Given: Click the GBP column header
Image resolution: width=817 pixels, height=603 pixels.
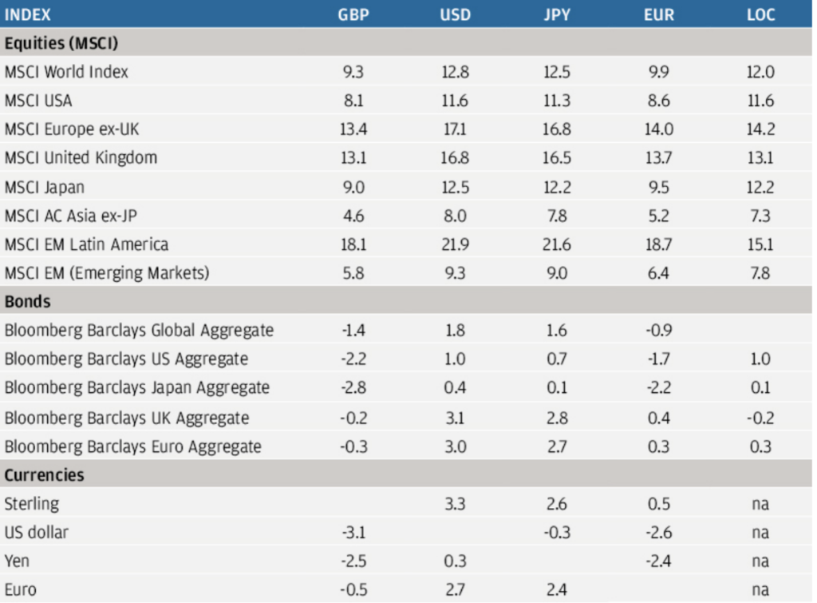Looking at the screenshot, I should click(x=353, y=15).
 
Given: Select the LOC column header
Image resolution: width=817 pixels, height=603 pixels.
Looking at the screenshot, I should click(x=760, y=15).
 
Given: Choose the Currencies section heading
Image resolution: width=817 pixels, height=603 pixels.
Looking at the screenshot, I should click(x=44, y=475).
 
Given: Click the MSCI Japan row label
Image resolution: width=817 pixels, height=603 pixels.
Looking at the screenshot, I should click(x=45, y=187).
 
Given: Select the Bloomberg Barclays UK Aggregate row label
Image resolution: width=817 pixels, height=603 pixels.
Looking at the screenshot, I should click(x=126, y=418).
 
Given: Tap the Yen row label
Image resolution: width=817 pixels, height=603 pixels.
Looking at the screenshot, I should click(x=17, y=561).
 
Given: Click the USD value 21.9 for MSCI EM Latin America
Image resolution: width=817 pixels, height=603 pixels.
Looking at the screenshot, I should click(x=455, y=244).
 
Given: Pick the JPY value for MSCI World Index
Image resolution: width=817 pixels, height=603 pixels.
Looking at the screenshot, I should click(x=556, y=72).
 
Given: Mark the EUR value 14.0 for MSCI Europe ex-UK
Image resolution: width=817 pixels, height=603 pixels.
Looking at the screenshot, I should click(x=658, y=129).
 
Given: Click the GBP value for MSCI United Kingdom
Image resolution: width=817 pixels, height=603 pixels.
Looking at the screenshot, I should click(x=353, y=158).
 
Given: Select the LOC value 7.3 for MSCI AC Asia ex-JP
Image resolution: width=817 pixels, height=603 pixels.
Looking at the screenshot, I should click(x=760, y=216).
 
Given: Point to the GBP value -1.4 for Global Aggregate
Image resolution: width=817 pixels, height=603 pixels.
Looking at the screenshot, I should click(x=353, y=331).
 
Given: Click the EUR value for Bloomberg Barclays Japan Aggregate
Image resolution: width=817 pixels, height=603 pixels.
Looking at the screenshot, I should click(x=658, y=388).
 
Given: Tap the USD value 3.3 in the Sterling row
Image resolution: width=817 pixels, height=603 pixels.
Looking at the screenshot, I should click(x=455, y=504).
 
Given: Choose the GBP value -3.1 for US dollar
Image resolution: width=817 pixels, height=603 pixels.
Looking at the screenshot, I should click(x=353, y=533).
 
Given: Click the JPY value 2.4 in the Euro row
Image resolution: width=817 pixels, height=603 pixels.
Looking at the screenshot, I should click(x=556, y=590).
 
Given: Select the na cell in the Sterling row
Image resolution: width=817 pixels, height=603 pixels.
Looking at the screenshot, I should click(x=760, y=504).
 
